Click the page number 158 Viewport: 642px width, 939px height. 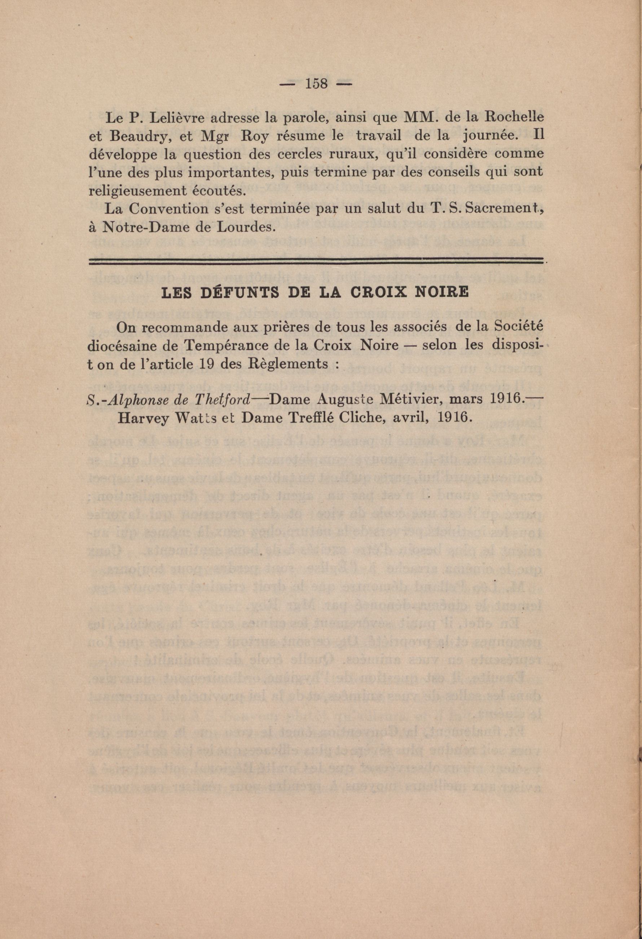316,84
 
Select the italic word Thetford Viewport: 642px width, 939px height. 229,400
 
